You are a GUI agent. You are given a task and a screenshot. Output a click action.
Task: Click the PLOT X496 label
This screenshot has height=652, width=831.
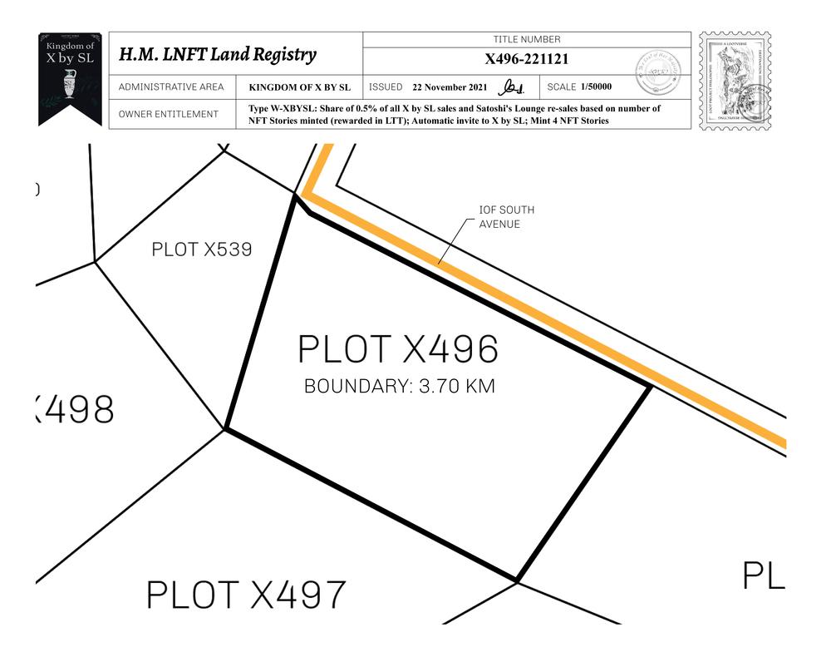[x=398, y=349]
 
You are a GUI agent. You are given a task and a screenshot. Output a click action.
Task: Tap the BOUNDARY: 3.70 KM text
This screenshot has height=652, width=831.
[x=400, y=387]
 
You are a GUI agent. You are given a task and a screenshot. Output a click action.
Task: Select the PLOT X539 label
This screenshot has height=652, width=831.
[x=202, y=249]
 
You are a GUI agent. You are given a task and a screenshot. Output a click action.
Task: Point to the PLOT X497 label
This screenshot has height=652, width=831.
[x=246, y=595]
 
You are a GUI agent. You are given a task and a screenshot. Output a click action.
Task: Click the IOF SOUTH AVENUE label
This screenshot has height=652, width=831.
[x=500, y=217]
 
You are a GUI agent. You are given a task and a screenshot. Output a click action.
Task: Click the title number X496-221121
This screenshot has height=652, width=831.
[x=527, y=59]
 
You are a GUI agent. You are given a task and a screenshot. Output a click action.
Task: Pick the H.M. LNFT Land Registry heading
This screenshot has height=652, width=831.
[x=218, y=55]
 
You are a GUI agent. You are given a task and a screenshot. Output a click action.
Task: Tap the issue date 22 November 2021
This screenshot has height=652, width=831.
[x=450, y=87]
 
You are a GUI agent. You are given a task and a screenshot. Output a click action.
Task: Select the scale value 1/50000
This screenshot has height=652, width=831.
[x=597, y=86]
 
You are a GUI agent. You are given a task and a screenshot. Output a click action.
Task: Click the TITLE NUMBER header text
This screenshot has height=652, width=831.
[x=527, y=39]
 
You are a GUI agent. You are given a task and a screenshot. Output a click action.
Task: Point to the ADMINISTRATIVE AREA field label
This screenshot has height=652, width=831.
[x=171, y=87]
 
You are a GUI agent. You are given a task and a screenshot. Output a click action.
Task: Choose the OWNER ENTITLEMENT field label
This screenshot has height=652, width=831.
[x=169, y=114]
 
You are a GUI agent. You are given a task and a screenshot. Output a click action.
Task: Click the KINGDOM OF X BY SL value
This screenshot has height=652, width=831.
[x=299, y=87]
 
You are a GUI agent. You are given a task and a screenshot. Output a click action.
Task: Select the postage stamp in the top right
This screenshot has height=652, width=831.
[x=735, y=80]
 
